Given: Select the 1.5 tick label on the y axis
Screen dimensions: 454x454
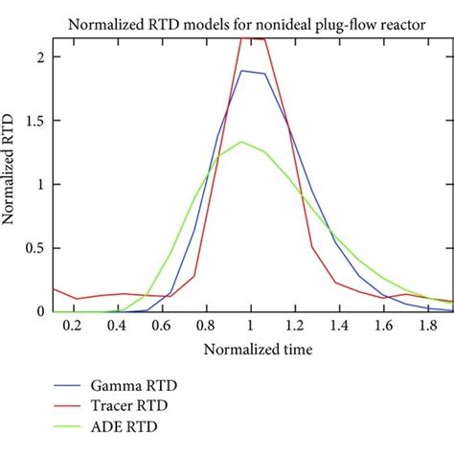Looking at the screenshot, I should pyautogui.click(x=35, y=121).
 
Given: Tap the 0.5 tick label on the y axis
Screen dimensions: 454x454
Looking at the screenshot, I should pyautogui.click(x=35, y=248).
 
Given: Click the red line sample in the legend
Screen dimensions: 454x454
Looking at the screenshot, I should pyautogui.click(x=79, y=406).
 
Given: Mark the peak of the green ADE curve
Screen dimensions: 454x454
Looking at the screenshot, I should pyautogui.click(x=242, y=142).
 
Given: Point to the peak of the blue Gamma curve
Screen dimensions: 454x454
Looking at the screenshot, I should pyautogui.click(x=242, y=70).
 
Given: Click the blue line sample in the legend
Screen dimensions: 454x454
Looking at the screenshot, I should pyautogui.click(x=79, y=385).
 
